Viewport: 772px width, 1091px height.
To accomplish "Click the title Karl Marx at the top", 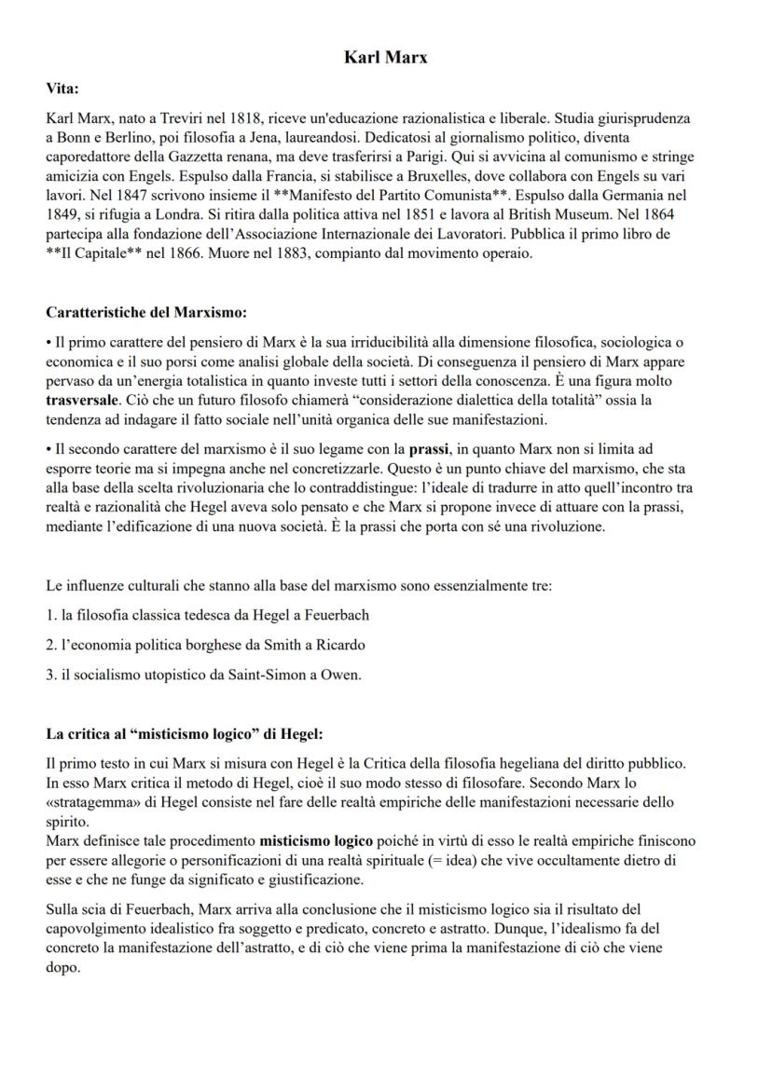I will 386,58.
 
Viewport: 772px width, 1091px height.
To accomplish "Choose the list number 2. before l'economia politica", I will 51,645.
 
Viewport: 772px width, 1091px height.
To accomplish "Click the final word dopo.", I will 62,967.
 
